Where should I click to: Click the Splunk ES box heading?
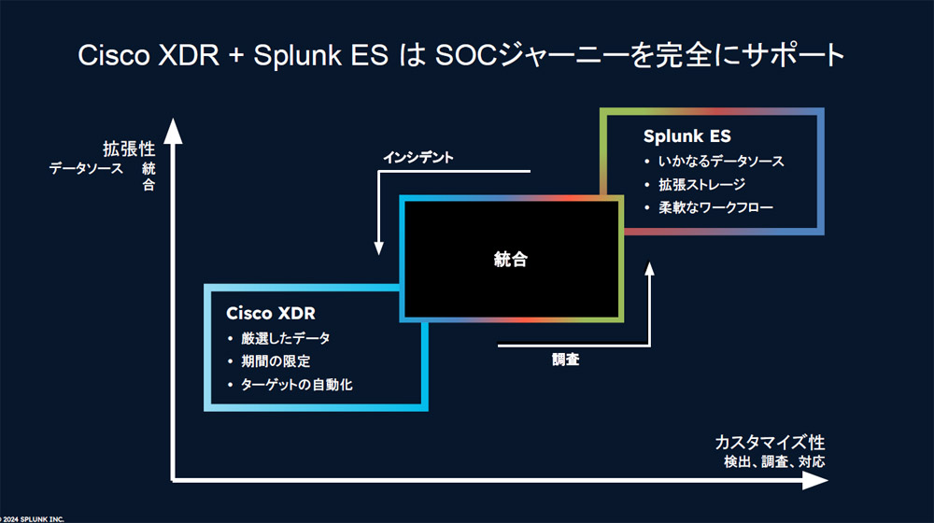(x=686, y=136)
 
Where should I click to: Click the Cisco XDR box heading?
(x=271, y=313)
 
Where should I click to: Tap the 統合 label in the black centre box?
(x=511, y=259)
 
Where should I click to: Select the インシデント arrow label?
(x=418, y=158)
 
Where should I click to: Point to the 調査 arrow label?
(x=565, y=360)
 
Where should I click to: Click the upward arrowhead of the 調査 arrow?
(x=649, y=269)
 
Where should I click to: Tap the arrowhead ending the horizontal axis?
(x=814, y=480)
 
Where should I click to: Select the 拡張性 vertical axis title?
(x=129, y=148)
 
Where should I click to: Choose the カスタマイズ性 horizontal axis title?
(x=770, y=443)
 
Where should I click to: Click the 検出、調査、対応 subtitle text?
(x=774, y=461)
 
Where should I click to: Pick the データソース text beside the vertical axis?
(x=86, y=169)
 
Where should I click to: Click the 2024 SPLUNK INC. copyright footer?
(x=32, y=519)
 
